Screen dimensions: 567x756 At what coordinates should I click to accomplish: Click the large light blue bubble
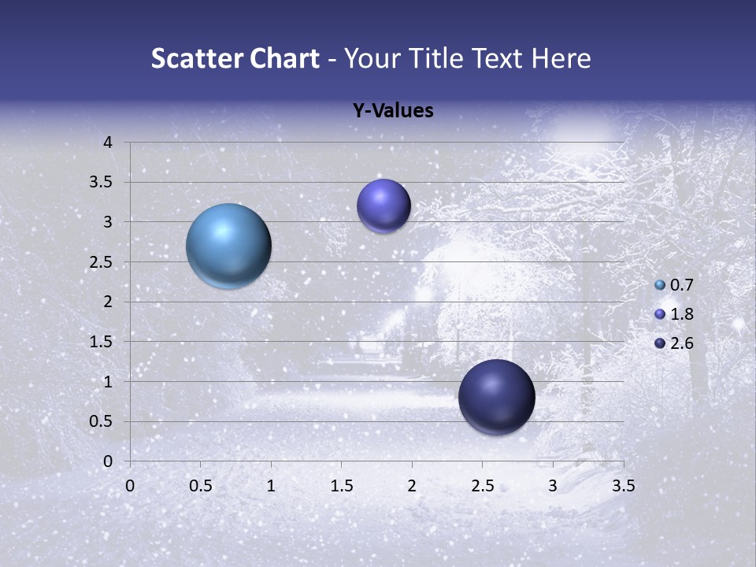point(228,246)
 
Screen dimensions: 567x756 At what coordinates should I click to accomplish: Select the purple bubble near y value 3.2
point(384,206)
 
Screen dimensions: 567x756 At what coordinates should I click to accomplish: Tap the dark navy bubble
point(496,397)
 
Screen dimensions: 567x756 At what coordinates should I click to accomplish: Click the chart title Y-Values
point(392,110)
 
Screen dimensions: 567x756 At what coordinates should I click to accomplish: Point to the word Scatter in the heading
point(194,58)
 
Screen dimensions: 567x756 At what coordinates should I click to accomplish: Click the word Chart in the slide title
point(285,58)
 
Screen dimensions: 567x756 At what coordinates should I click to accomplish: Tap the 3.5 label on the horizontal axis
point(623,486)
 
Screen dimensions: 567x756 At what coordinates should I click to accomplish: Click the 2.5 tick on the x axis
point(482,486)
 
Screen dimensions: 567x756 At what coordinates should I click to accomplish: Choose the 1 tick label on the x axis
point(271,486)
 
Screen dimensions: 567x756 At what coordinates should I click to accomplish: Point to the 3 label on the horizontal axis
point(553,486)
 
